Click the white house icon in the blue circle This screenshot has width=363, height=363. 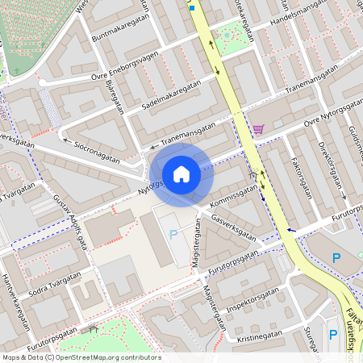pos(181,173)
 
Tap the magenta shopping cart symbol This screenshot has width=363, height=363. pos(258,129)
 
